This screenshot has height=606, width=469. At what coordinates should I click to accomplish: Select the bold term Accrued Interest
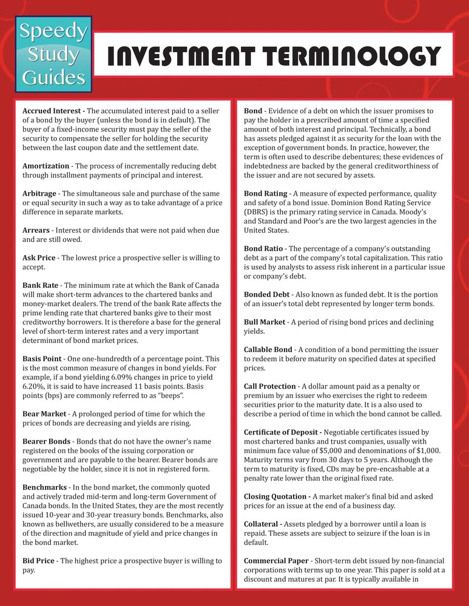tap(52, 111)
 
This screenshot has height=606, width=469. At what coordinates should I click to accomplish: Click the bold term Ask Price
tap(41, 258)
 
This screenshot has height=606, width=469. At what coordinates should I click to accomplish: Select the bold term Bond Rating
tap(266, 194)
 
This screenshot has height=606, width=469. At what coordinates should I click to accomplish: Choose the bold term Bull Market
tap(265, 322)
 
